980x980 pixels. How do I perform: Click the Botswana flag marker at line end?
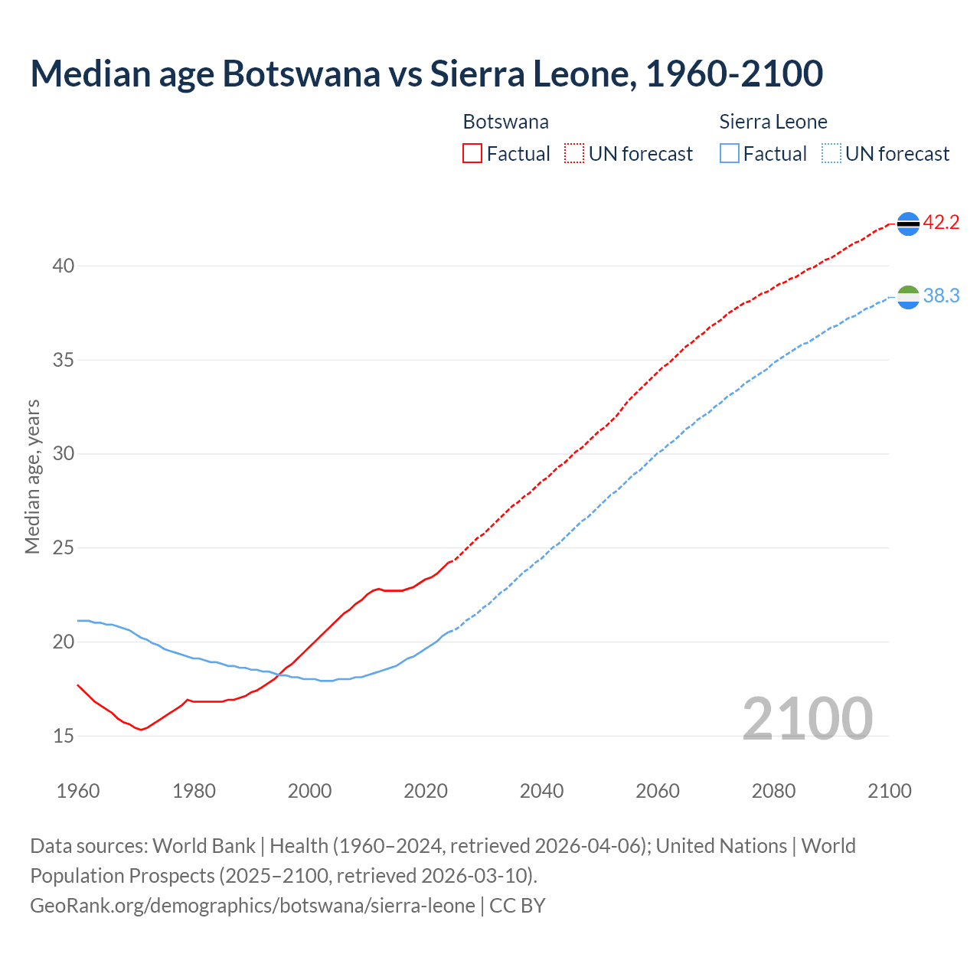pyautogui.click(x=908, y=224)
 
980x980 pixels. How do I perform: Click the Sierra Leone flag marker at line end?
pyautogui.click(x=908, y=297)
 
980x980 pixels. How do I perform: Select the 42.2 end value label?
pyautogui.click(x=941, y=223)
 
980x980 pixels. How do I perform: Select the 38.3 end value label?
pyautogui.click(x=941, y=296)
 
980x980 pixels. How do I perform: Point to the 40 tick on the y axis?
pyautogui.click(x=64, y=266)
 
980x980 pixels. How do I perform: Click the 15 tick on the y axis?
pyautogui.click(x=64, y=737)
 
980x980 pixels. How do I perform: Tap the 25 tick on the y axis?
pyautogui.click(x=64, y=548)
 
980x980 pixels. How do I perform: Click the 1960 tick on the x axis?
pyautogui.click(x=78, y=791)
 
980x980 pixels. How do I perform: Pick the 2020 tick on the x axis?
pyautogui.click(x=426, y=791)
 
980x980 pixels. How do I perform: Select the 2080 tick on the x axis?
pyautogui.click(x=773, y=791)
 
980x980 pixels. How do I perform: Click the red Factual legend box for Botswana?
pyautogui.click(x=472, y=154)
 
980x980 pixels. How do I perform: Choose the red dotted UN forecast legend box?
pyautogui.click(x=574, y=154)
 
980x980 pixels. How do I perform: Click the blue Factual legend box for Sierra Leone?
pyautogui.click(x=730, y=154)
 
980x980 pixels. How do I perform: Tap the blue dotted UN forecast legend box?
pyautogui.click(x=831, y=154)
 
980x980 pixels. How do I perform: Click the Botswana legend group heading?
pyautogui.click(x=505, y=122)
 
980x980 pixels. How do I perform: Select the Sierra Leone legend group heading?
pyautogui.click(x=773, y=122)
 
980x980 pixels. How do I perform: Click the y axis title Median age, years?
pyautogui.click(x=32, y=476)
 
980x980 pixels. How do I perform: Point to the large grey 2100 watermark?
pyautogui.click(x=808, y=719)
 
